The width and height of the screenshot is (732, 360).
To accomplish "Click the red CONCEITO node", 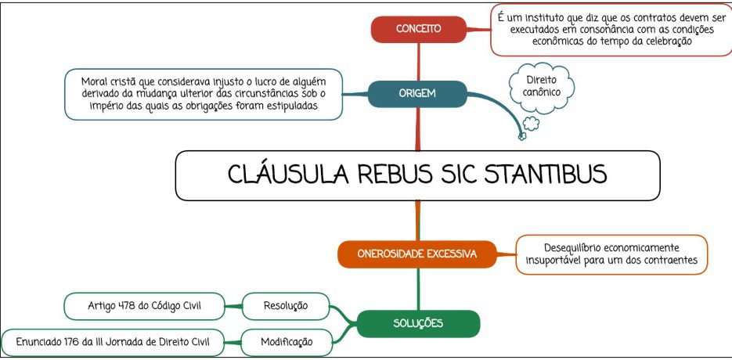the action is (418, 29).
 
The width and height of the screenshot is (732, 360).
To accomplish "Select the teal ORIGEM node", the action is (417, 93).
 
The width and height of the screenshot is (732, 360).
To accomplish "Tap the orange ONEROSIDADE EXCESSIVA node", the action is (416, 254).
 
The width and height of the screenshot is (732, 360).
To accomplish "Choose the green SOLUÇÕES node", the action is (418, 323).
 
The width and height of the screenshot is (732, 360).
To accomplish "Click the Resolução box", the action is (286, 306).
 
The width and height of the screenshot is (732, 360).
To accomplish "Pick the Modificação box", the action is (287, 342).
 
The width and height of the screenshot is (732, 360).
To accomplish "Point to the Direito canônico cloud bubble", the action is (541, 86).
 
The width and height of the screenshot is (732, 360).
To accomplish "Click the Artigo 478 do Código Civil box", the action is (144, 306).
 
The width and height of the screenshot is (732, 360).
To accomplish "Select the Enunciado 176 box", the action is (113, 342).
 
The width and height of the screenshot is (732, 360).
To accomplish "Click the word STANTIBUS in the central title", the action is (546, 175).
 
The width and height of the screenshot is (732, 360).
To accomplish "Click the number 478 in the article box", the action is (126, 306).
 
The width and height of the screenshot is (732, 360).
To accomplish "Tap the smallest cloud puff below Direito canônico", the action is (522, 136).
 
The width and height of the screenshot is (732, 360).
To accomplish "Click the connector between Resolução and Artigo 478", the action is (233, 306).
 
